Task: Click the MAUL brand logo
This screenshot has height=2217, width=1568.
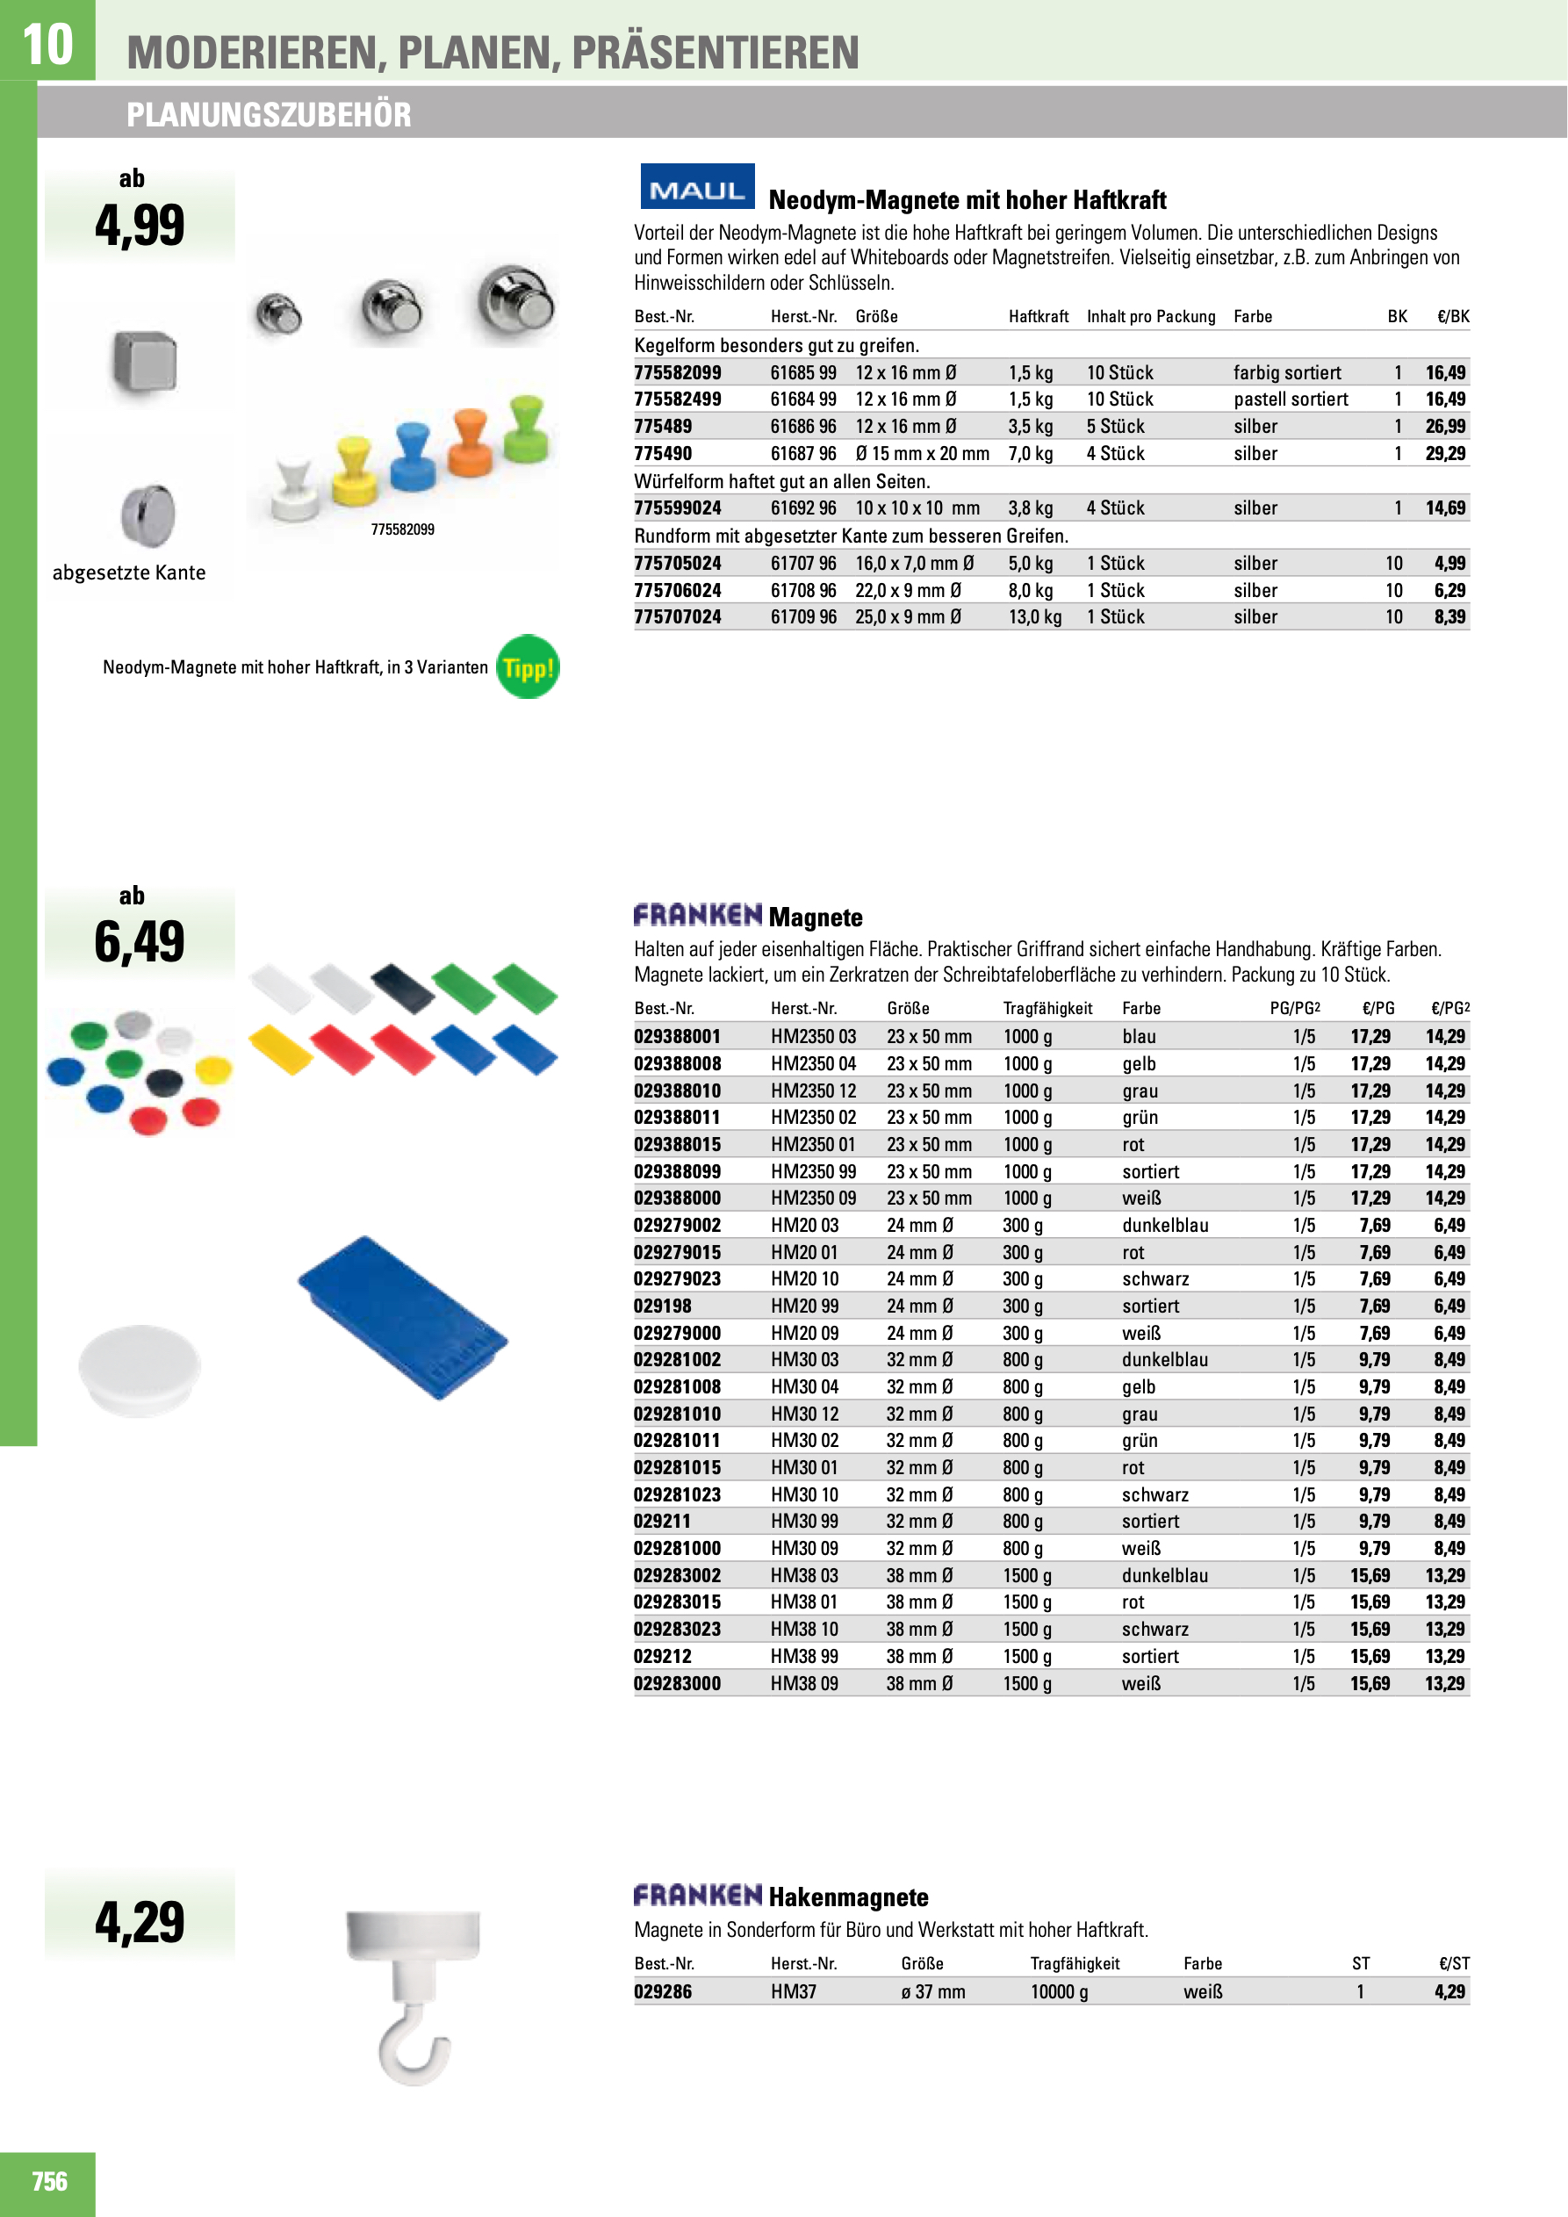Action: coord(697,187)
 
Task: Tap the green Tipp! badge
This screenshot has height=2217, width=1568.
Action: coord(527,667)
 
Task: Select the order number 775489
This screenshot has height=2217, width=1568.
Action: coord(662,427)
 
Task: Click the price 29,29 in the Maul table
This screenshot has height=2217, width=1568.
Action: coord(1444,454)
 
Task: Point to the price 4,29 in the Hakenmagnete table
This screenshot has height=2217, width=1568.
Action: coord(1449,1991)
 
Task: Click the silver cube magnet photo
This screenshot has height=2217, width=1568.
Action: coord(145,362)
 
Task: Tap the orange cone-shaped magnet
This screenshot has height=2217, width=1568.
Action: coord(471,443)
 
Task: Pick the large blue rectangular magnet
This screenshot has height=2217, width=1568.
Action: coord(404,1317)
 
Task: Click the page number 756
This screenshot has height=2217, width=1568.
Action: coord(49,2181)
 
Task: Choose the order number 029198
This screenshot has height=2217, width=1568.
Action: coord(662,1306)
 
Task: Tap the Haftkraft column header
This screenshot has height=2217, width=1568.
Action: coord(1038,317)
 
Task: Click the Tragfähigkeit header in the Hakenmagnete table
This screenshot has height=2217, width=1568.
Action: coord(1075,1964)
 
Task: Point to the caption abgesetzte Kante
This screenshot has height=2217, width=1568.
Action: coord(128,572)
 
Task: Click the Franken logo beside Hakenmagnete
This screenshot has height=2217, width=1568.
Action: coord(697,1896)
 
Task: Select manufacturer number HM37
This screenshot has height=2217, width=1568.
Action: coord(793,1991)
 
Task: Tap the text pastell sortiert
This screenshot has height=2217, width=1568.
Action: coord(1290,399)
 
